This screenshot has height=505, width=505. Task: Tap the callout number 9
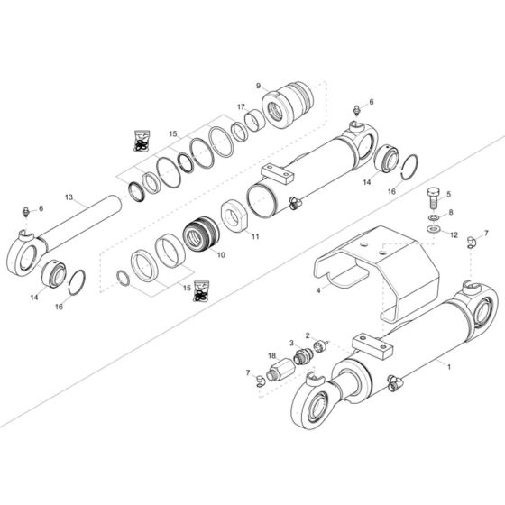pyautogui.click(x=259, y=86)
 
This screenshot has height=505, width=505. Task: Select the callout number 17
pyautogui.click(x=241, y=108)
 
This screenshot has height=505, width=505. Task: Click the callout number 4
pyautogui.click(x=317, y=290)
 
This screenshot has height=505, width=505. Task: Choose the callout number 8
pyautogui.click(x=450, y=213)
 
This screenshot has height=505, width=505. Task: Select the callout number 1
pyautogui.click(x=449, y=367)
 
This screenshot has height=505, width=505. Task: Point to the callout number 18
pyautogui.click(x=271, y=355)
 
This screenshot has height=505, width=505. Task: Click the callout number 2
pyautogui.click(x=307, y=335)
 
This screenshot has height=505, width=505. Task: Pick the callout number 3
pyautogui.click(x=291, y=343)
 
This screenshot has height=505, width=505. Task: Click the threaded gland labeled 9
pyautogui.click(x=290, y=105)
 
